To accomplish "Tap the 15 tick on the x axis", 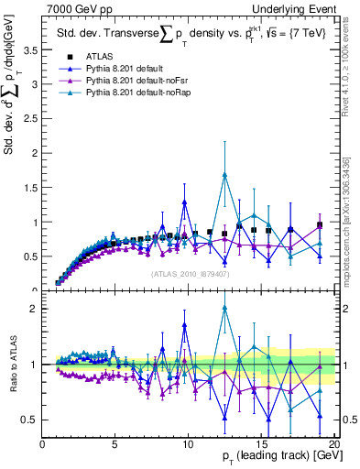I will click(260, 445).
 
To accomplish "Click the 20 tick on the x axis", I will click(333, 445).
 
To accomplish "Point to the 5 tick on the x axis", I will click(115, 445).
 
